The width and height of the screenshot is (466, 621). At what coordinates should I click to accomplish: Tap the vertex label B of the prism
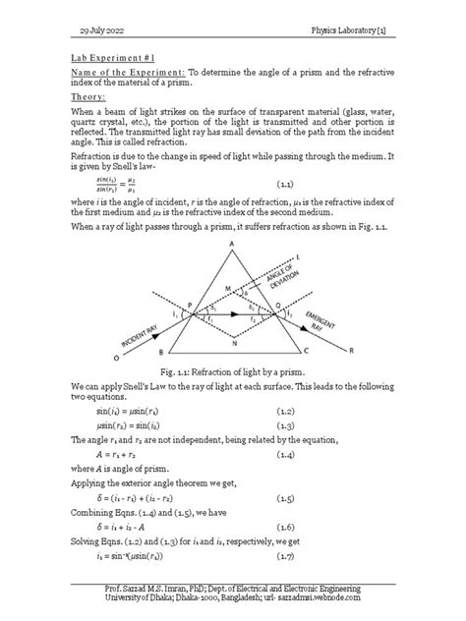159,350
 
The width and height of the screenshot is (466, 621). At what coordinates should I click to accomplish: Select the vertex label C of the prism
308,350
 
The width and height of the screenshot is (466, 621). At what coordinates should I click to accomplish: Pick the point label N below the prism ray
233,345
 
